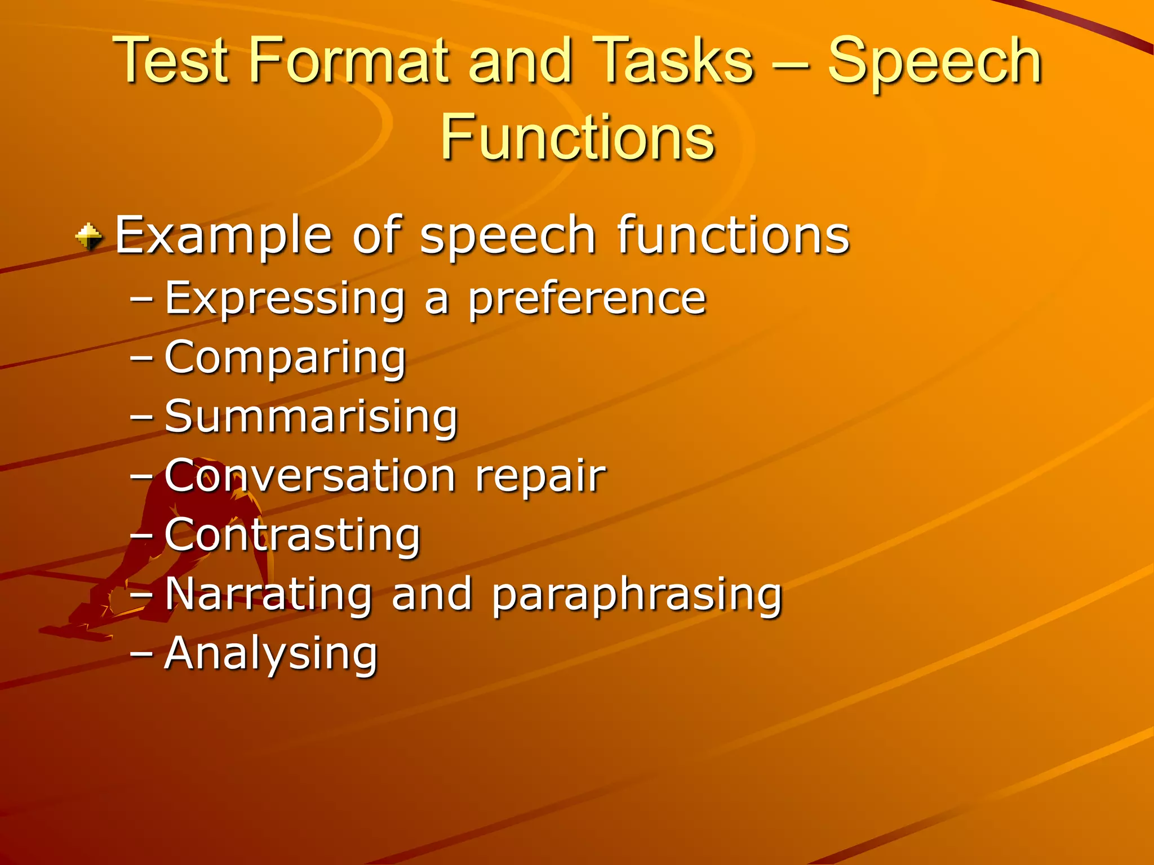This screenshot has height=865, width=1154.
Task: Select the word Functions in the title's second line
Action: [x=577, y=137]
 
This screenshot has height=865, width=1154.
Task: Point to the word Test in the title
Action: [x=172, y=61]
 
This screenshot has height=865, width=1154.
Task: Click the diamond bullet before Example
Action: [x=89, y=237]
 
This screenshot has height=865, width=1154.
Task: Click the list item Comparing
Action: [x=285, y=359]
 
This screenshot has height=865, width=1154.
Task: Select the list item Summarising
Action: [x=311, y=417]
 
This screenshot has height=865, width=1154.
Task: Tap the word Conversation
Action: [x=310, y=476]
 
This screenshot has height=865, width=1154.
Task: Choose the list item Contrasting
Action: [x=292, y=536]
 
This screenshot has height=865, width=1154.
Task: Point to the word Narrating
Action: [x=268, y=595]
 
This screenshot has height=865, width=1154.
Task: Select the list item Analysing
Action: [x=270, y=655]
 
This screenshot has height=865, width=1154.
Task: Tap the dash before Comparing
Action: [x=141, y=358]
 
